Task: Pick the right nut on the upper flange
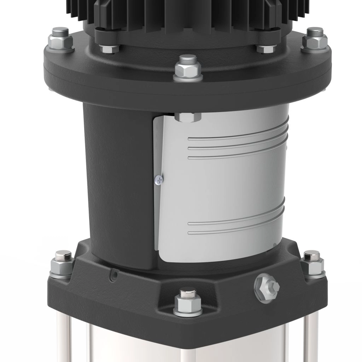[315, 40]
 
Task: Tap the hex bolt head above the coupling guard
[187, 117]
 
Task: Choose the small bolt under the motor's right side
[266, 48]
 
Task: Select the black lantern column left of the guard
[117, 184]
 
